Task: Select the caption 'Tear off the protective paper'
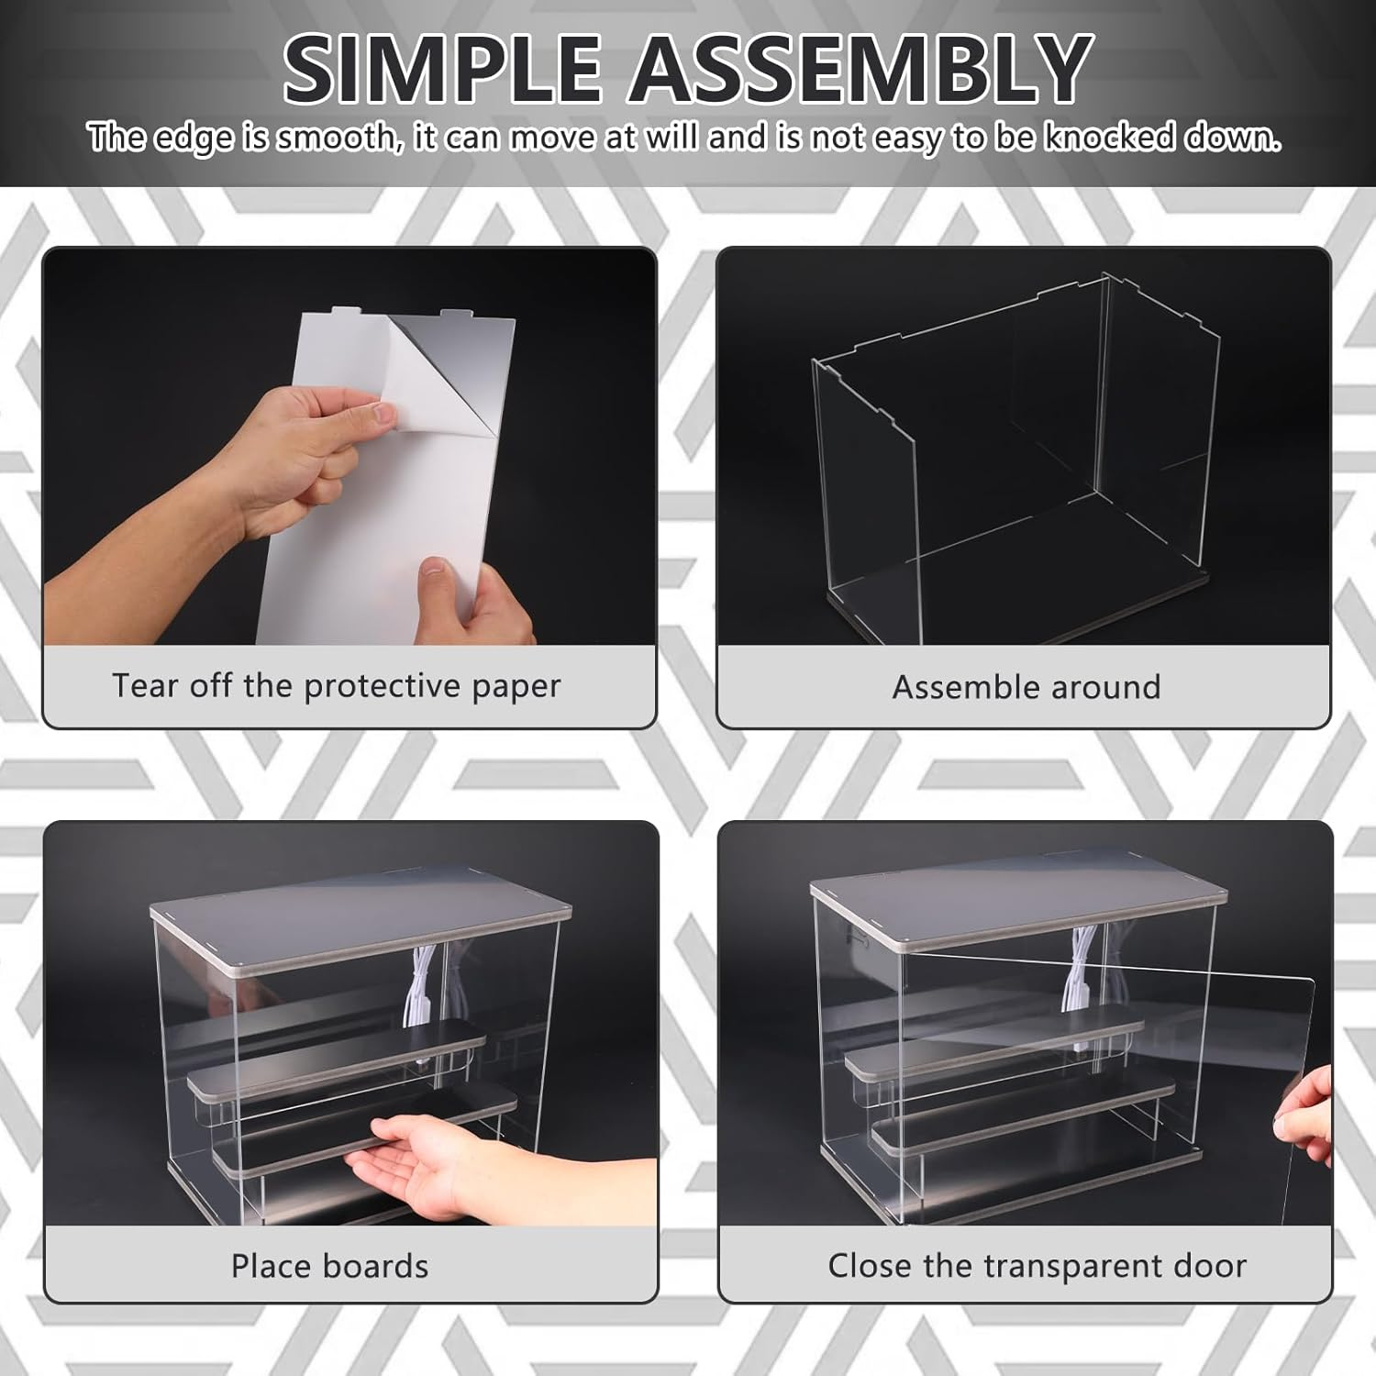pos(336,686)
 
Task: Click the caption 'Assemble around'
pos(1026,687)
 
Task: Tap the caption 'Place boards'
pos(329,1266)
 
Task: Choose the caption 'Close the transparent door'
pos(1037,1266)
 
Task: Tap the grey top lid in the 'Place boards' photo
pos(358,917)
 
